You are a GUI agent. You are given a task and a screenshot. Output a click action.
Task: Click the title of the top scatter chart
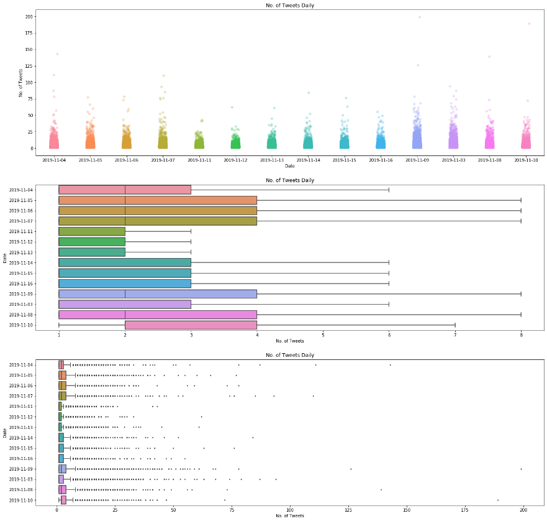click(290, 5)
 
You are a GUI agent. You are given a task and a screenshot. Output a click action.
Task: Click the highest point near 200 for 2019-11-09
click(420, 17)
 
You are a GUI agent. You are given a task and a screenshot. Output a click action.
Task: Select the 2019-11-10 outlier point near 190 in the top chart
click(529, 24)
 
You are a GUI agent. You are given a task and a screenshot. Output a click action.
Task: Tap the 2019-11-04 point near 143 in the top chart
click(58, 54)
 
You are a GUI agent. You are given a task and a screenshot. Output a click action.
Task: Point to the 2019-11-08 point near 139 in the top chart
click(489, 57)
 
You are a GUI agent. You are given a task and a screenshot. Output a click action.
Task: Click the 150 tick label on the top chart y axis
click(29, 50)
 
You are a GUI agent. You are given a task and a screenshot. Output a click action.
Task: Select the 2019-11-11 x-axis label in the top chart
click(199, 160)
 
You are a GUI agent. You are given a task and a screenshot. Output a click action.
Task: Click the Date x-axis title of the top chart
click(290, 166)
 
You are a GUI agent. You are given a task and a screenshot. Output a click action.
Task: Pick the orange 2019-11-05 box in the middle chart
click(158, 200)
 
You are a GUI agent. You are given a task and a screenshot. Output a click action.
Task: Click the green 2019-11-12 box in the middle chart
click(92, 242)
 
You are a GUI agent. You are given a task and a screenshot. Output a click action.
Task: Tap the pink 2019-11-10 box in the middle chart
click(191, 325)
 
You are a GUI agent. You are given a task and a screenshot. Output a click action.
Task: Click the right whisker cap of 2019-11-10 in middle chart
click(455, 325)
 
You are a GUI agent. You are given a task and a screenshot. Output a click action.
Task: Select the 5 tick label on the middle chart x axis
click(323, 335)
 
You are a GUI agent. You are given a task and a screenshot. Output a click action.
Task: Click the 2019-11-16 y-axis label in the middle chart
click(21, 284)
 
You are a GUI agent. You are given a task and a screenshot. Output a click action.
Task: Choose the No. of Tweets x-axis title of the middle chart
click(290, 341)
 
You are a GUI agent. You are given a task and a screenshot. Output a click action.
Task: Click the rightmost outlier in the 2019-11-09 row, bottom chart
click(521, 469)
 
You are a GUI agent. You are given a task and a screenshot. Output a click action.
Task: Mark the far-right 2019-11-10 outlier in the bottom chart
click(498, 500)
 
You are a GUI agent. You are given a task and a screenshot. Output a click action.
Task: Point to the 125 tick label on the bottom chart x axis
click(348, 510)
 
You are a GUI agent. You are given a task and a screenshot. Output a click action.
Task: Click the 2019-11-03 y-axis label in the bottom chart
click(21, 479)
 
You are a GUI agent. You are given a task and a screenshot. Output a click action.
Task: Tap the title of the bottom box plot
click(290, 355)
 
